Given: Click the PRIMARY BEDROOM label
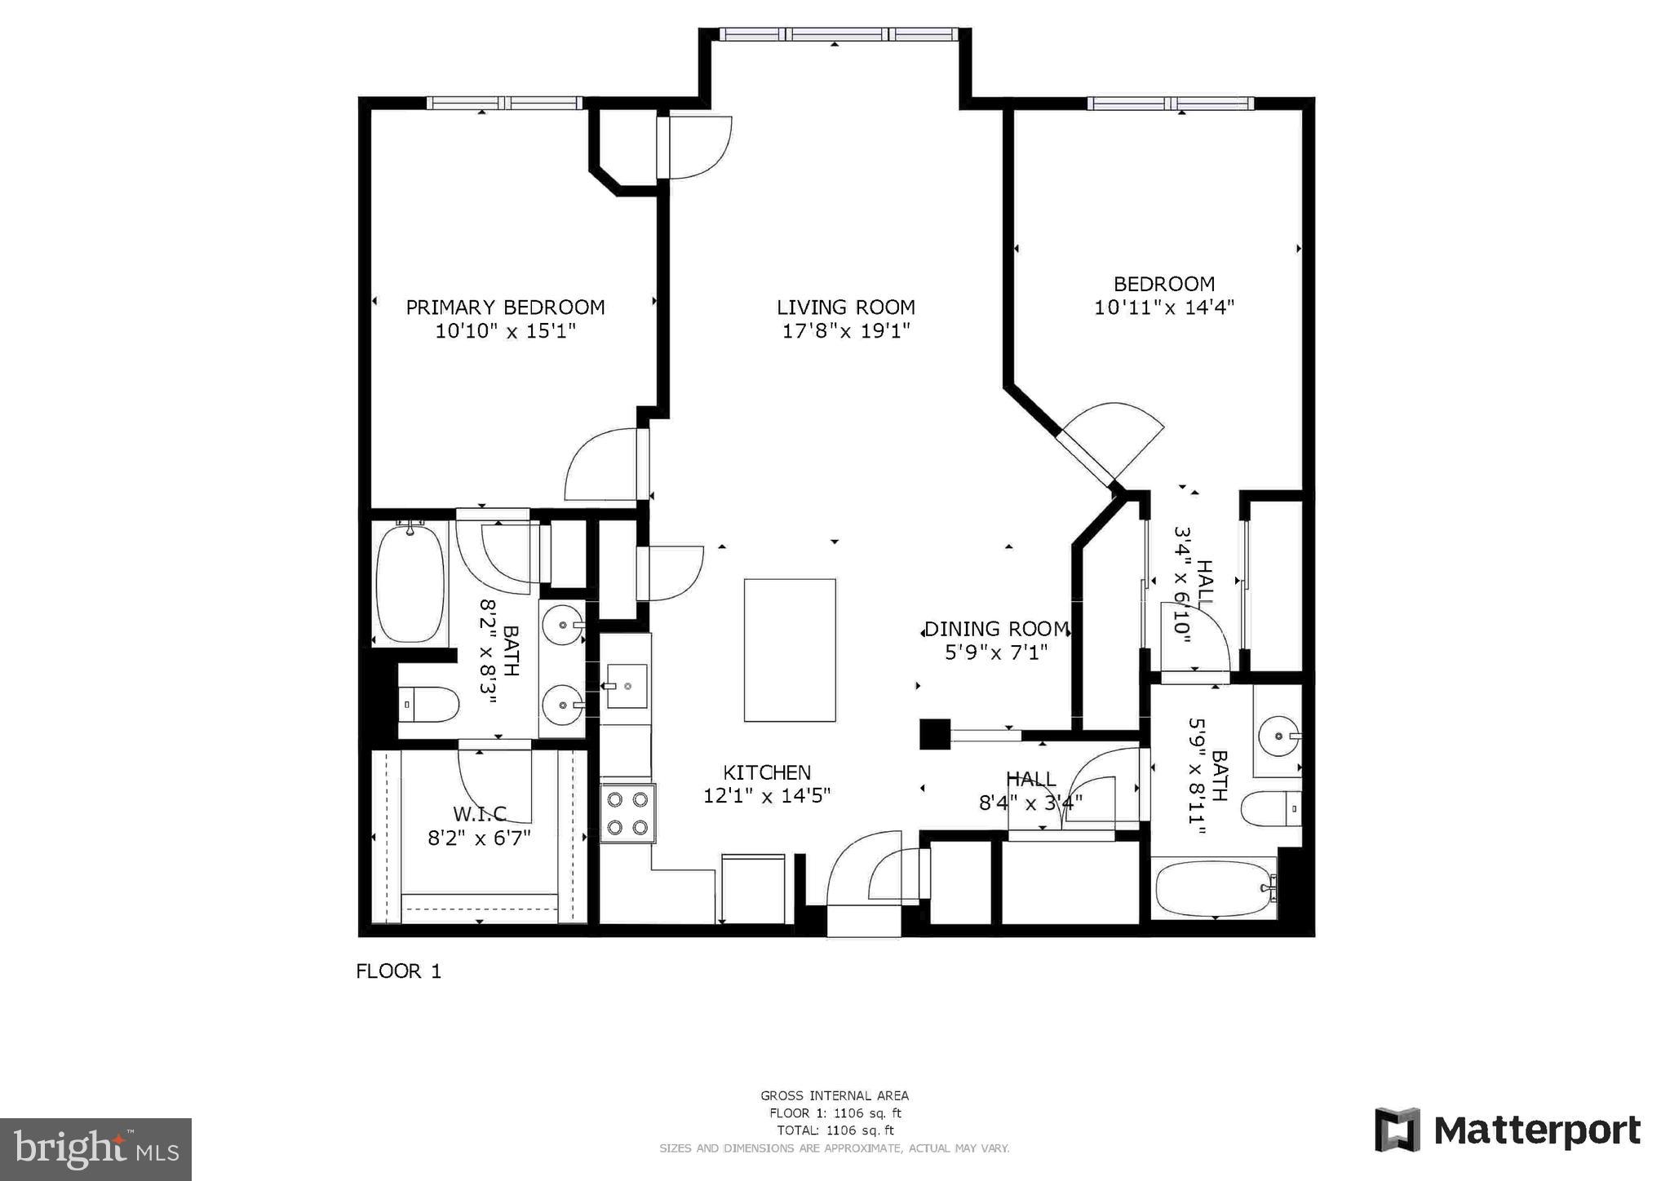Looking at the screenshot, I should (505, 307).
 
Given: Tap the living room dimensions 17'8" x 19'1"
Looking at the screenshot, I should (845, 331).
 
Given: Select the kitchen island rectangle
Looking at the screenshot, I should (789, 650).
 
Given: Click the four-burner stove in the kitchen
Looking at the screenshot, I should (627, 813).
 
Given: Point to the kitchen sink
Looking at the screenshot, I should (626, 685).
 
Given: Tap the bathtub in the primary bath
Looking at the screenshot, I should (410, 583).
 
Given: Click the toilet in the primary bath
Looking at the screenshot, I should (430, 704).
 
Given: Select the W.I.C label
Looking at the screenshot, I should (479, 814).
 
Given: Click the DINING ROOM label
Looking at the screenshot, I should (996, 629).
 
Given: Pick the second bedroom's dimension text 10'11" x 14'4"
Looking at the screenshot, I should (1163, 307).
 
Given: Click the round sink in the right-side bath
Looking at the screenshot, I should (1277, 736).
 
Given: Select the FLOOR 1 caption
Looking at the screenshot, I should (398, 971).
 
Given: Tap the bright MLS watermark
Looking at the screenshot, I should (95, 1149).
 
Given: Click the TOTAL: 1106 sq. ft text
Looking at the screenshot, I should (835, 1130).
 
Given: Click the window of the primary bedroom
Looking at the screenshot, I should (504, 103).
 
